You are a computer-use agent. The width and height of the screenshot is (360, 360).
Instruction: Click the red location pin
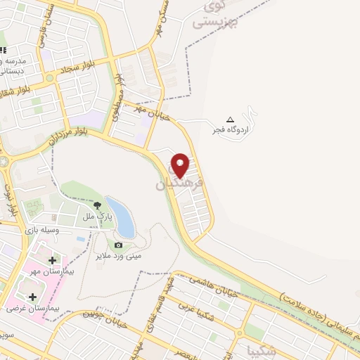coord(181,165)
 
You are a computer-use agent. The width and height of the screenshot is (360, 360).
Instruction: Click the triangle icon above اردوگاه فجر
coord(230,119)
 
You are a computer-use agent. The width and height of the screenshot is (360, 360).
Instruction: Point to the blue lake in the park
coord(124,218)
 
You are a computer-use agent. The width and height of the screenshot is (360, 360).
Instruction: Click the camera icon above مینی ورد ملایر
coord(118,245)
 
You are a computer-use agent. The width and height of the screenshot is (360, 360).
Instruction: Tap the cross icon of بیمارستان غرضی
coord(32,297)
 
